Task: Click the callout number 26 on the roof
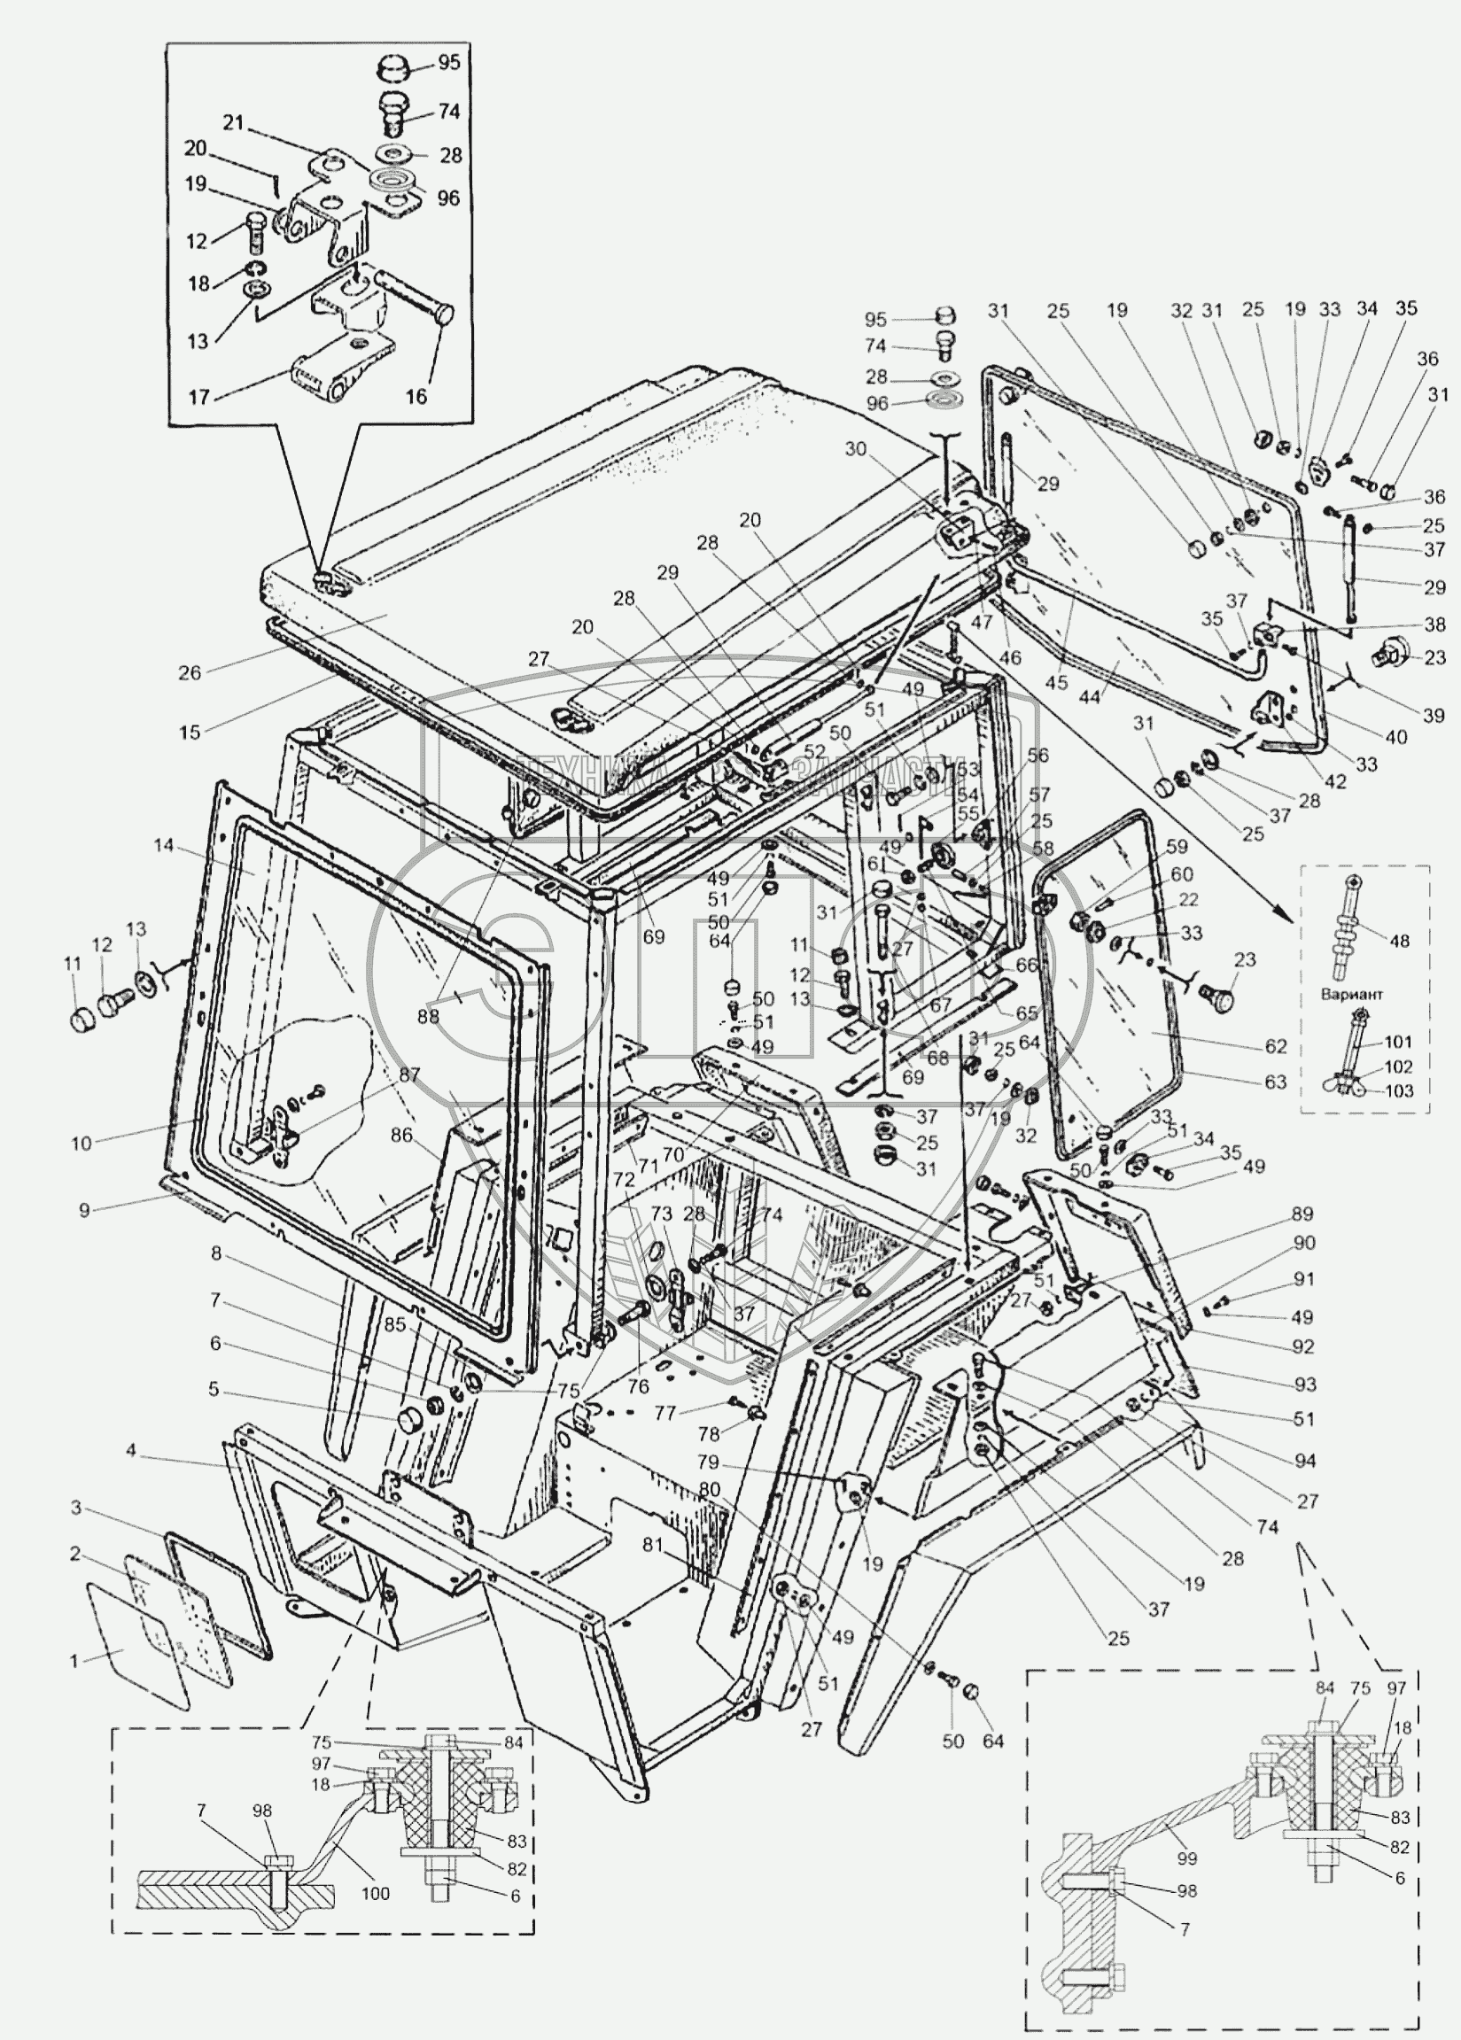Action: pyautogui.click(x=189, y=672)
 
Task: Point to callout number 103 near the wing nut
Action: pyautogui.click(x=1398, y=1091)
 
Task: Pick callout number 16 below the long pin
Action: pyautogui.click(x=416, y=396)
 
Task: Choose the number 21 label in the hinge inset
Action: pyautogui.click(x=234, y=123)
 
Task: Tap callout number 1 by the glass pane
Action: pyautogui.click(x=74, y=1662)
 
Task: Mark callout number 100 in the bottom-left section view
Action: pyautogui.click(x=375, y=1893)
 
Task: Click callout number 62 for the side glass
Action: pyautogui.click(x=1275, y=1046)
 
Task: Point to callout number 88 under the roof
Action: pyautogui.click(x=428, y=1015)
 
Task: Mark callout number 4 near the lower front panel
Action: pyautogui.click(x=131, y=1451)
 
